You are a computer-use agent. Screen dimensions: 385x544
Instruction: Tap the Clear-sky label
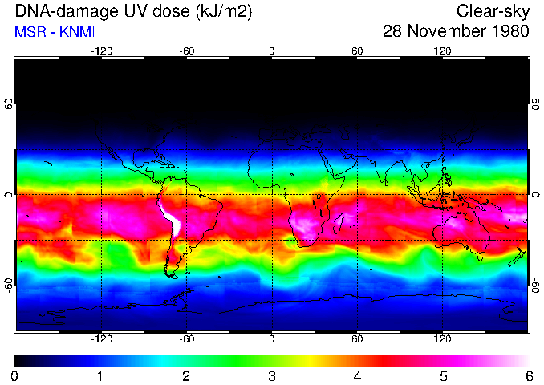coord(493,11)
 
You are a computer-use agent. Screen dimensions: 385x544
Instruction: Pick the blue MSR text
coord(29,32)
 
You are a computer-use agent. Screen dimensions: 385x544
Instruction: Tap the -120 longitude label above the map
coord(101,51)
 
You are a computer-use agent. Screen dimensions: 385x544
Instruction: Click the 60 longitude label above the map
coord(358,51)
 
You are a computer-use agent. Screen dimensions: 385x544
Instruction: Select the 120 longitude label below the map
coord(443,339)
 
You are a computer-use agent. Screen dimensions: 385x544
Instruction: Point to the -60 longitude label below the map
coord(187,339)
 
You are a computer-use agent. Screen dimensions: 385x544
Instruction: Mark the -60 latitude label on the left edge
coord(9,286)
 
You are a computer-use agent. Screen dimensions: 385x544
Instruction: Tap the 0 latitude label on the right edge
coord(535,195)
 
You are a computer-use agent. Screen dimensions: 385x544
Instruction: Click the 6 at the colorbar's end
coord(529,375)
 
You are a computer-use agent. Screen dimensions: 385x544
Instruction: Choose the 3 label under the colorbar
coord(272,375)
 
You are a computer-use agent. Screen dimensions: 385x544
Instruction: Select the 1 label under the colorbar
coord(100,375)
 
